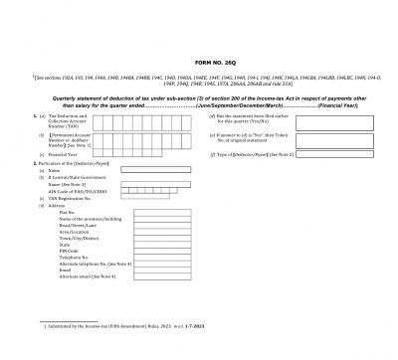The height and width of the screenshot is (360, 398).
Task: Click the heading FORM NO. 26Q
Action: pyautogui.click(x=199, y=61)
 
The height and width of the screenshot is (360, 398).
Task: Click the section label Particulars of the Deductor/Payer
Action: pyautogui.click(x=66, y=163)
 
